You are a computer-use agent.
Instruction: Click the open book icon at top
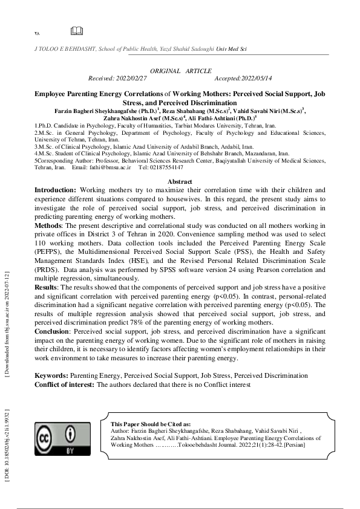[76, 31]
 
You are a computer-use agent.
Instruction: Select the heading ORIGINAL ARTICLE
[180, 71]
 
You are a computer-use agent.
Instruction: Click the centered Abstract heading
[180, 181]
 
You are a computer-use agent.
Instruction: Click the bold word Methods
[47, 224]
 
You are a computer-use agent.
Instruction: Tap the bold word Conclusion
[51, 331]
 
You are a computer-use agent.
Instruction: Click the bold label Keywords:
[52, 375]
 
